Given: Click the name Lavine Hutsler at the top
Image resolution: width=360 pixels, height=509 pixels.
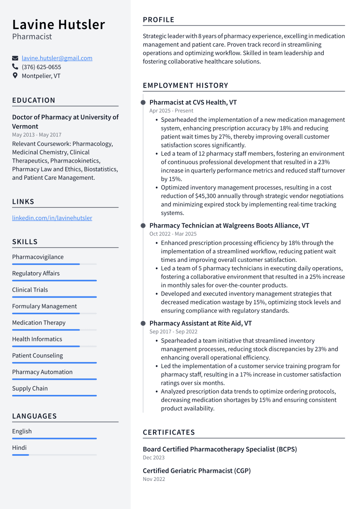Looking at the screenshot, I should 58,25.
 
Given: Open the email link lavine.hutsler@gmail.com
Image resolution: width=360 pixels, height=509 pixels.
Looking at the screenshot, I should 57,58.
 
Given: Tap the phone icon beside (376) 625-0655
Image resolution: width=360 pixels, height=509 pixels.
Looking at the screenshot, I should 15,67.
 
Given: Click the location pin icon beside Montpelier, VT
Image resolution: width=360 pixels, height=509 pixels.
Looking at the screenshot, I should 15,76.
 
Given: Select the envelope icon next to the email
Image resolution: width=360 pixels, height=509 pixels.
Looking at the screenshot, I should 15,58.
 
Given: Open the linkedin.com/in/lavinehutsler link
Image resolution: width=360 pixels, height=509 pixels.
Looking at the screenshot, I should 52,218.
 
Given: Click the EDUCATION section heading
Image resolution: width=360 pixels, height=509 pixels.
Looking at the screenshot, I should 34,100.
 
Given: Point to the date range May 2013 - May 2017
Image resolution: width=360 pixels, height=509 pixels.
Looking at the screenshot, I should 37,135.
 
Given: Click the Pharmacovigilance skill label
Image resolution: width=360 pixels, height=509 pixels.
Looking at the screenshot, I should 38,257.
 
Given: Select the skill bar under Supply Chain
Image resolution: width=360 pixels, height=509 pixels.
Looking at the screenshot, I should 54,395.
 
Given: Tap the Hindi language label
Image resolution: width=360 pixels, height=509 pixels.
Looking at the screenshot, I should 19,448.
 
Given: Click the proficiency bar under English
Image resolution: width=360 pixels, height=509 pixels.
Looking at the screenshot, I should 54,438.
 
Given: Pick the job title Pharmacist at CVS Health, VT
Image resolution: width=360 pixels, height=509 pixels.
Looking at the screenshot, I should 193,102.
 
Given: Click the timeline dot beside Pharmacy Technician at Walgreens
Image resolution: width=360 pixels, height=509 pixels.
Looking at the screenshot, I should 143,226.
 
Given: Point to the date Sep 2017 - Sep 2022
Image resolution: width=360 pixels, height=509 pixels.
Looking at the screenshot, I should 173,331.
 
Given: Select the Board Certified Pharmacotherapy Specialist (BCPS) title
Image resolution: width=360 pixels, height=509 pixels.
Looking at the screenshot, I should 220,449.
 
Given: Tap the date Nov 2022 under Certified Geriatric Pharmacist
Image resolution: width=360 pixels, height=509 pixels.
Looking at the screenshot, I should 154,479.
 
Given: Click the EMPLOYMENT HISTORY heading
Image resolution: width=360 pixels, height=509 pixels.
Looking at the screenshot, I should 185,86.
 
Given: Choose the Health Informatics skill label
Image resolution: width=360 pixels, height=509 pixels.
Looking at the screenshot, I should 37,339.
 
